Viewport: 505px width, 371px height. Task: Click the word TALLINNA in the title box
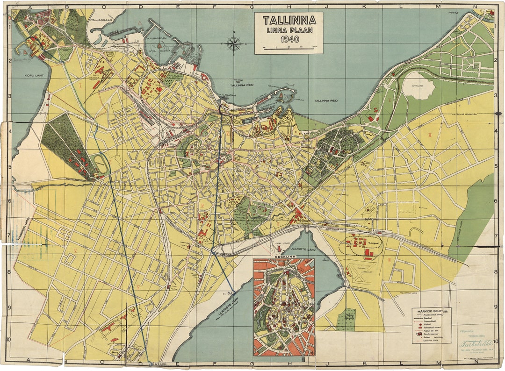point(289,21)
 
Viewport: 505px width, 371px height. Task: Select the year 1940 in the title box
point(289,39)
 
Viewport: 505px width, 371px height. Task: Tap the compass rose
point(233,44)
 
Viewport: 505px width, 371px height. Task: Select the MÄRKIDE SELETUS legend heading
point(432,311)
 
